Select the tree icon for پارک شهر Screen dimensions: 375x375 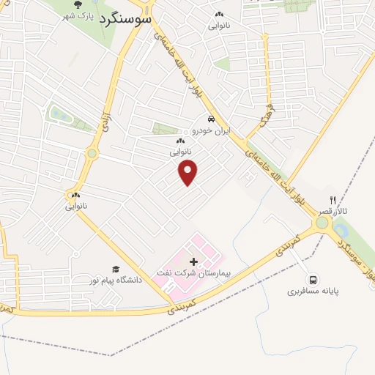[78, 5]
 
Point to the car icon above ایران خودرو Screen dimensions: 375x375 [211, 119]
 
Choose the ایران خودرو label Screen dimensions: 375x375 [211, 130]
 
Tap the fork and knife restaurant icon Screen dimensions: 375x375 [333, 199]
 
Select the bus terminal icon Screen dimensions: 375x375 [313, 280]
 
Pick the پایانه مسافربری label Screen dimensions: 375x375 [313, 292]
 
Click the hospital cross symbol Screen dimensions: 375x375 [193, 261]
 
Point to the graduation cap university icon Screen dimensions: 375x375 [115, 270]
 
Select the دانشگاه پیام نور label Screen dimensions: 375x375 [115, 281]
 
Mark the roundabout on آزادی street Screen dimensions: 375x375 [92, 153]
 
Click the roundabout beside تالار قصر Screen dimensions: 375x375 [322, 222]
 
